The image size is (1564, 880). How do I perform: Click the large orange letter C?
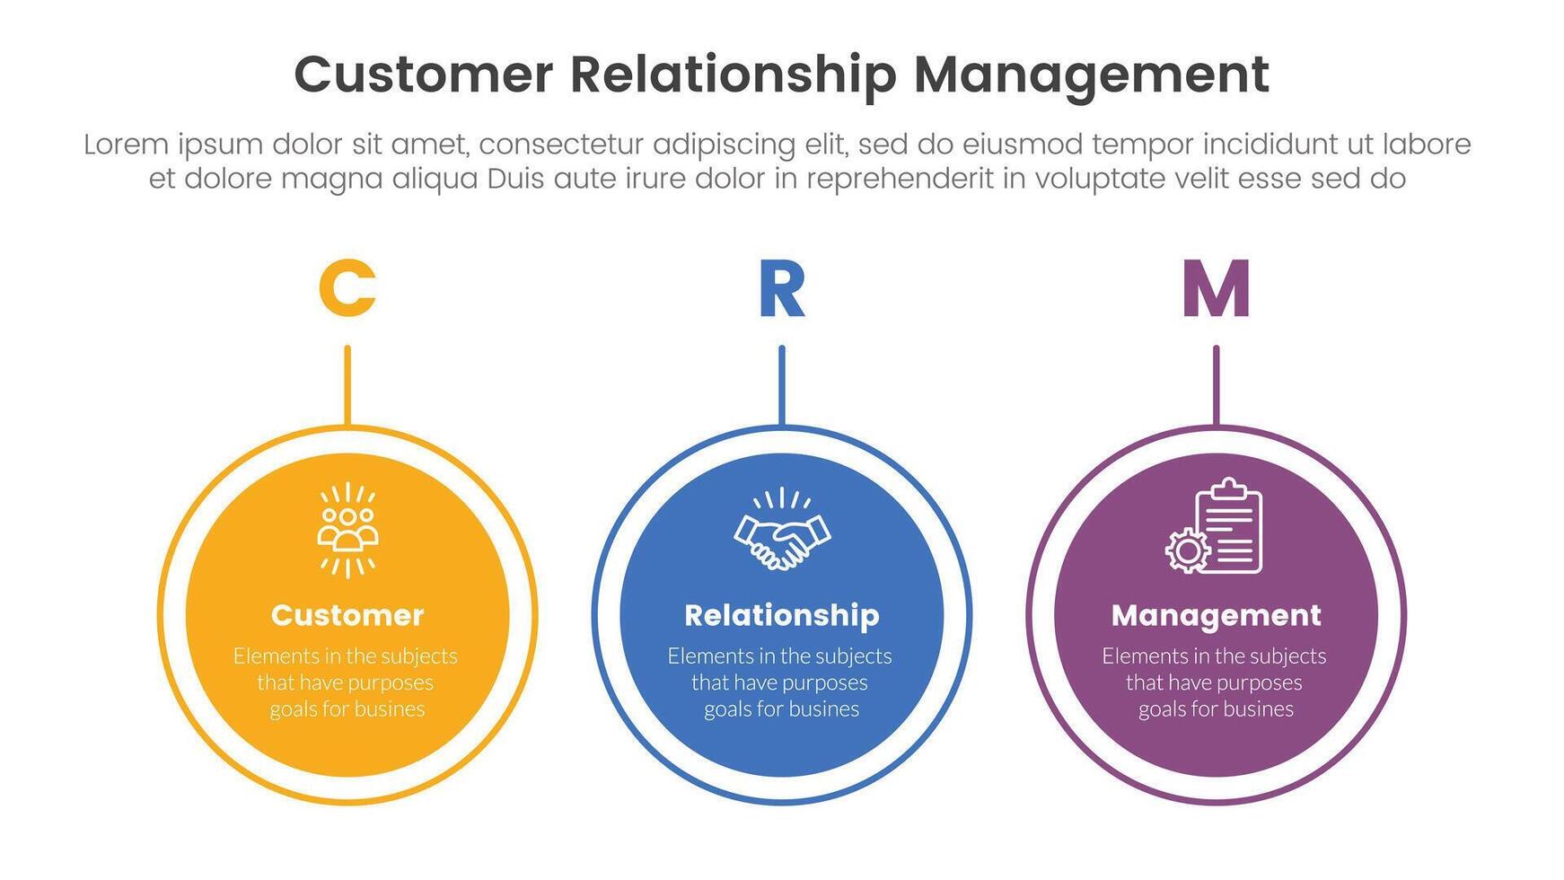point(347,288)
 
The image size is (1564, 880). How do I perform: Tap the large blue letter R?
point(781,289)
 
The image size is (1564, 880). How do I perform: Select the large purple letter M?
point(1216,289)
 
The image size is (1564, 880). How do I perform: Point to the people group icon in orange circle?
point(347,531)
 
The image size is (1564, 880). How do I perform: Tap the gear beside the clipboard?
point(1187,550)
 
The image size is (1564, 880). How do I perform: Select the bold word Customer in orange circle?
point(347,615)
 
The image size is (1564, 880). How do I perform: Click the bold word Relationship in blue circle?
point(781,615)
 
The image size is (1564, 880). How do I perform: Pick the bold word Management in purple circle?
point(1216,615)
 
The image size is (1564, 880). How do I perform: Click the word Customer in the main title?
point(423,75)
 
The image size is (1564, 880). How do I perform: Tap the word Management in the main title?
point(1091,75)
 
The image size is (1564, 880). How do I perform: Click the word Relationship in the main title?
point(733,75)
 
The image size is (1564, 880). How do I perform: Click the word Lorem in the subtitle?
point(126,145)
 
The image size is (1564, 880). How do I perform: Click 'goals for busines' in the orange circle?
point(347,709)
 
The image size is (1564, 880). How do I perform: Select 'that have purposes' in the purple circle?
point(1214,682)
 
